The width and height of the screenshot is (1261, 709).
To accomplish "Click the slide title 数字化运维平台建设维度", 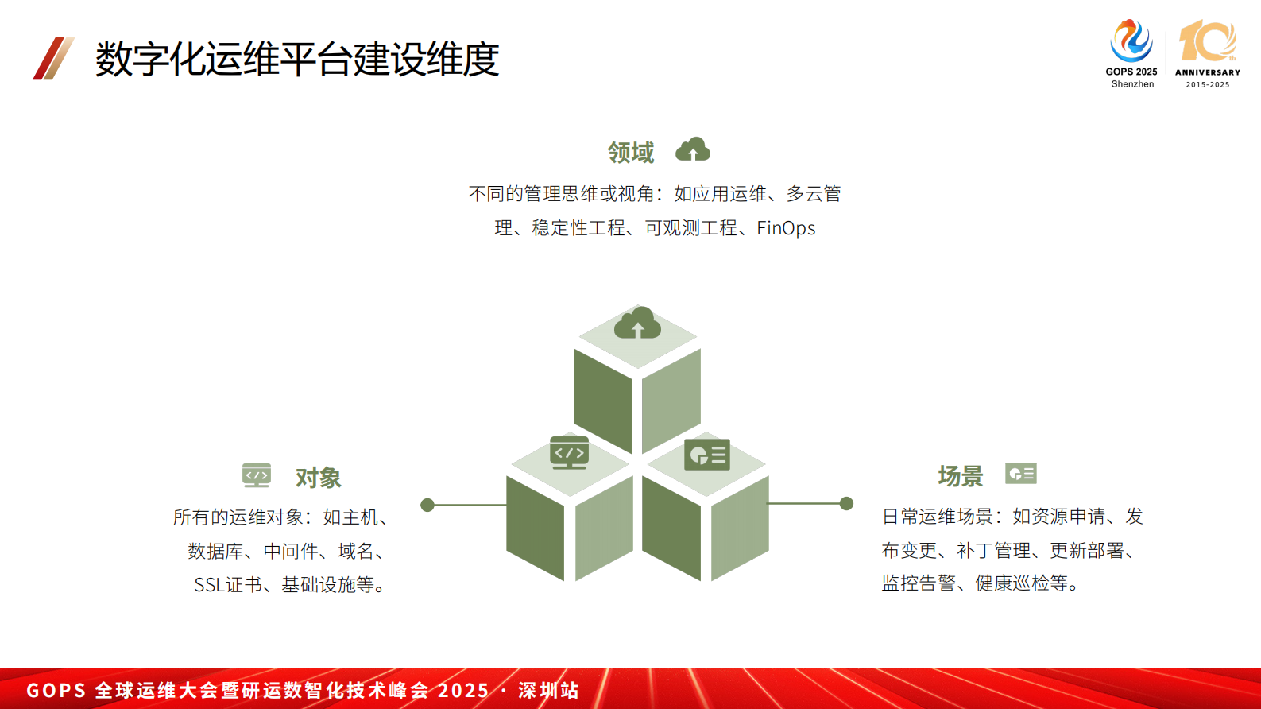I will [296, 59].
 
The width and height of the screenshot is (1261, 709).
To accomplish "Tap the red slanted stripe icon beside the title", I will [53, 58].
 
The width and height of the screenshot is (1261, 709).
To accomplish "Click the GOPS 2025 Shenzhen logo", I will [1131, 52].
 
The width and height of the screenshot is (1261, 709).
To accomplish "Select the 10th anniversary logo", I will [1207, 52].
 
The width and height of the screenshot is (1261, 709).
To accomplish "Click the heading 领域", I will [630, 152].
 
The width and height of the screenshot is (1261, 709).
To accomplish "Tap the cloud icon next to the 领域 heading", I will [693, 149].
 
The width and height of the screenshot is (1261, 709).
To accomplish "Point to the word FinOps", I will [786, 228].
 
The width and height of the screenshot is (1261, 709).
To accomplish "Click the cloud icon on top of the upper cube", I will [637, 324].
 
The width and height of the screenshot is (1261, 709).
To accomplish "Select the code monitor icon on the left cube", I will [569, 452].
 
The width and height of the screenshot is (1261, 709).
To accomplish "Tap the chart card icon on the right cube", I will [706, 455].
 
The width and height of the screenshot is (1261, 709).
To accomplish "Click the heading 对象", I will [318, 478].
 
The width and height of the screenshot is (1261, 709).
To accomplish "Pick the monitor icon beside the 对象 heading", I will [257, 475].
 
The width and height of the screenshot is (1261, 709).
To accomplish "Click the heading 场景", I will [960, 476].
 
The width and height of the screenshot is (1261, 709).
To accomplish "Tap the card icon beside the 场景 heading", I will [1020, 474].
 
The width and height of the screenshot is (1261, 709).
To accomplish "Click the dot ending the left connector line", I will [427, 505].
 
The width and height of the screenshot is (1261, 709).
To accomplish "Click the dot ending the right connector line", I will [846, 503].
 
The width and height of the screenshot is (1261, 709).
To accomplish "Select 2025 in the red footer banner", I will [463, 690].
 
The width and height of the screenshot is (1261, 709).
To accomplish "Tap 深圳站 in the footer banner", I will [548, 690].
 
